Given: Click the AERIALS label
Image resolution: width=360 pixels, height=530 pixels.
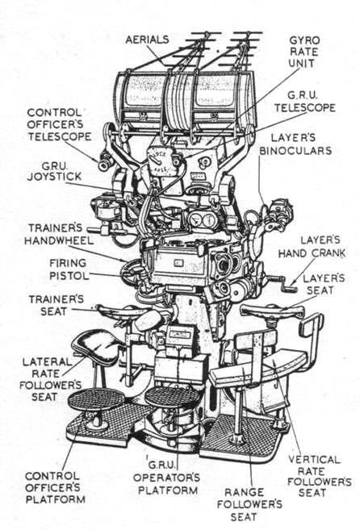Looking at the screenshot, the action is point(147,40).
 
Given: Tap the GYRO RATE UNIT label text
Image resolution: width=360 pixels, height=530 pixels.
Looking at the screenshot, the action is point(303,52).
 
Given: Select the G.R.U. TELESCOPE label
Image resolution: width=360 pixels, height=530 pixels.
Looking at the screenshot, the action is point(305,102).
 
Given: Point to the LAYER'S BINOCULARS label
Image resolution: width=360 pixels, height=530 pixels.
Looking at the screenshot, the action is point(295,144).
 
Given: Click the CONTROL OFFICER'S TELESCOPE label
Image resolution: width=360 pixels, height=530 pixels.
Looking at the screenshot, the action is point(59,125).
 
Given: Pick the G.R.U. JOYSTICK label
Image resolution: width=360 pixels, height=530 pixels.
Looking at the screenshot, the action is point(54,171).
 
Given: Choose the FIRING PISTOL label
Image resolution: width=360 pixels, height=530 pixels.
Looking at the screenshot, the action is point(69,269).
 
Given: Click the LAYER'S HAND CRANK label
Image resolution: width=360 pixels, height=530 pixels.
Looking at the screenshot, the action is point(312,247).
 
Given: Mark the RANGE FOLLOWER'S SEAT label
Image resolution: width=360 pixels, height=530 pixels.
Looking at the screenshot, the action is point(249,504).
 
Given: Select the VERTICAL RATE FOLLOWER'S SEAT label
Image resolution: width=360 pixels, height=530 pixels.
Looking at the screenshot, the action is point(319,476).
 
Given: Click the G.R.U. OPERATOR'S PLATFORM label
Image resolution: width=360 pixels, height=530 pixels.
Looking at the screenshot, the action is point(167,478).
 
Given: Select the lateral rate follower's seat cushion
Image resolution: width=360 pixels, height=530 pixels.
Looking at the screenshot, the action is point(96,346).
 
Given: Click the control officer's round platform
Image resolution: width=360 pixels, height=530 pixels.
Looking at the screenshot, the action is point(96,399).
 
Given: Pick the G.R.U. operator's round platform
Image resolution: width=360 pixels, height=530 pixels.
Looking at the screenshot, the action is point(172,396).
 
